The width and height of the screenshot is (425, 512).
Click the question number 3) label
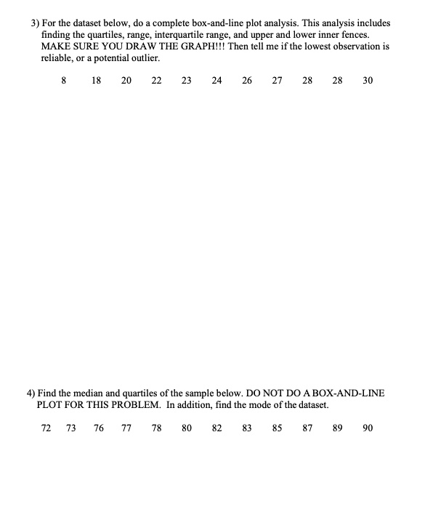click(x=33, y=23)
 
